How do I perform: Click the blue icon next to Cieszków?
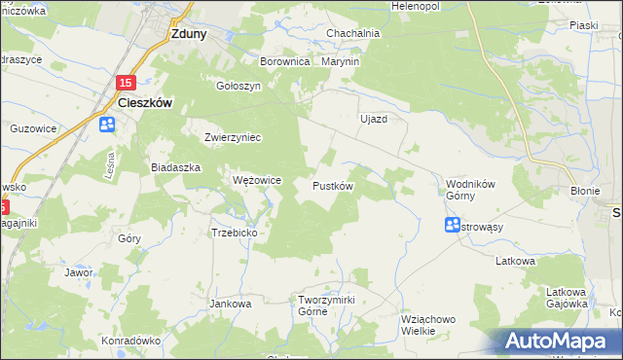pos(107,125)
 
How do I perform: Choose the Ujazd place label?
pos(374,119)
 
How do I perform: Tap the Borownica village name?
pos(284,61)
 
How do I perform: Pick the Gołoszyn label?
pos(238,85)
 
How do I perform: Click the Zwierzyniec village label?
pos(233,137)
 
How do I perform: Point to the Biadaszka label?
pos(175,167)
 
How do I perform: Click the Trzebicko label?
pos(234,233)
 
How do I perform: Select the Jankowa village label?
pos(231,304)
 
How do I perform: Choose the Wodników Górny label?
pos(472,189)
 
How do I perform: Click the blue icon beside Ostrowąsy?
pos(453,226)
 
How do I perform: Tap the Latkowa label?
pos(516,261)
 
